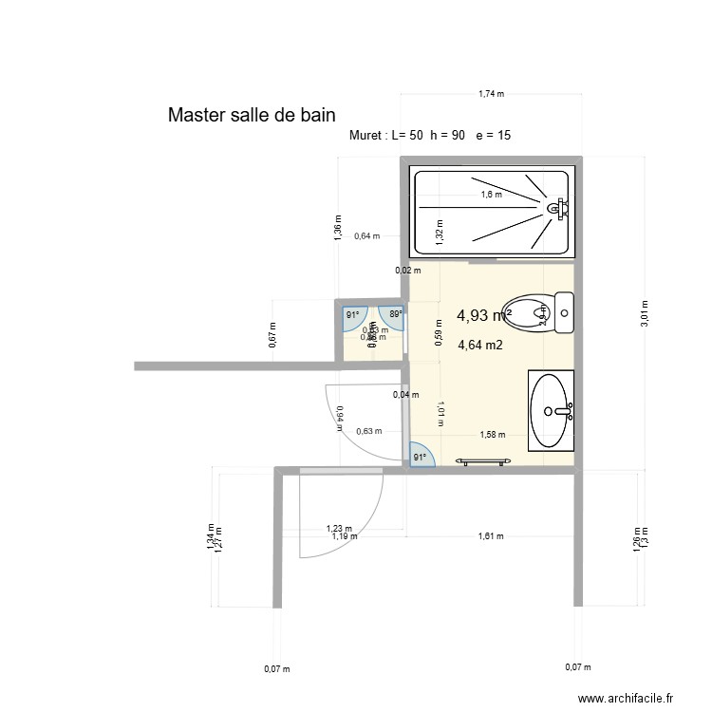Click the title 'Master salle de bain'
coord(252,116)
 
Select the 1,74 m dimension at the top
coord(490,94)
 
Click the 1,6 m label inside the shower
coord(490,195)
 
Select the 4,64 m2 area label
coord(480,347)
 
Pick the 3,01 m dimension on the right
coord(645,313)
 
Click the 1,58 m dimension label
coord(492,436)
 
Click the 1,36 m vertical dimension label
coord(338,227)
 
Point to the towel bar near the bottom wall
coord(485,461)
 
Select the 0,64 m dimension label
coord(366,237)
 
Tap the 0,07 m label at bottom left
coord(276,669)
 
